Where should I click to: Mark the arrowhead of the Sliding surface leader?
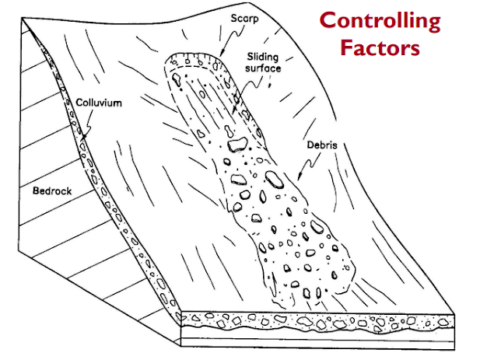click(x=233, y=114)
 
